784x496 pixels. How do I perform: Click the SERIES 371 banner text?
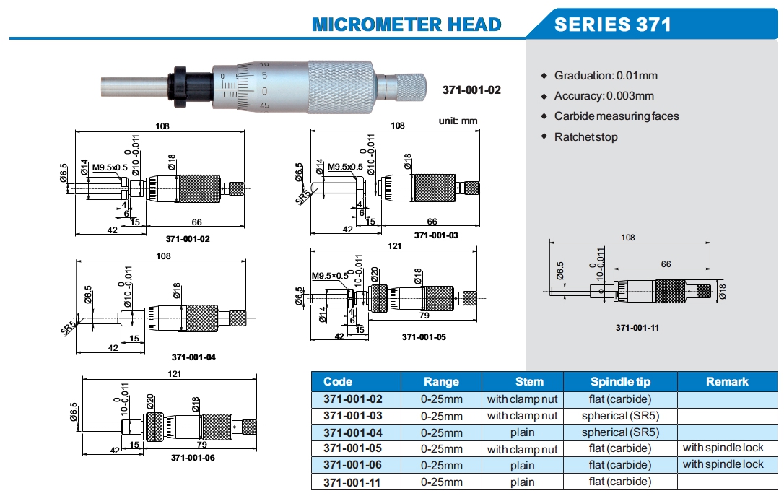coord(612,25)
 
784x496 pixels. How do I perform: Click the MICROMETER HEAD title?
coord(406,25)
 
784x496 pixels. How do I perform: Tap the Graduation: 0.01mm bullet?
coord(605,75)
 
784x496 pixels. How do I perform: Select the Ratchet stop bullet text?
coord(585,136)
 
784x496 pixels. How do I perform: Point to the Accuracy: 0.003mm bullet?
coord(604,95)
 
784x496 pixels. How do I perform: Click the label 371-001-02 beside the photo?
coord(471,90)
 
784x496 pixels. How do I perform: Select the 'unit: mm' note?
coord(458,121)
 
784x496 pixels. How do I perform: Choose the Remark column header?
coord(727,381)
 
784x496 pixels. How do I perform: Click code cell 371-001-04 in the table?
coord(352,432)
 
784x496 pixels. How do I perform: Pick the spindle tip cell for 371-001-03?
coord(620,415)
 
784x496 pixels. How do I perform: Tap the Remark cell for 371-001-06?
coord(723,464)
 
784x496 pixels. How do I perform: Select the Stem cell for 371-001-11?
coord(522,482)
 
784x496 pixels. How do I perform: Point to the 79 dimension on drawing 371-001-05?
coord(424,315)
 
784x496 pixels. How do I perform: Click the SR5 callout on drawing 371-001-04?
coord(69,328)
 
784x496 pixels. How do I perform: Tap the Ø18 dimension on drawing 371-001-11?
coord(722,291)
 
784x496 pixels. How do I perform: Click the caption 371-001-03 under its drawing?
coord(435,235)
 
